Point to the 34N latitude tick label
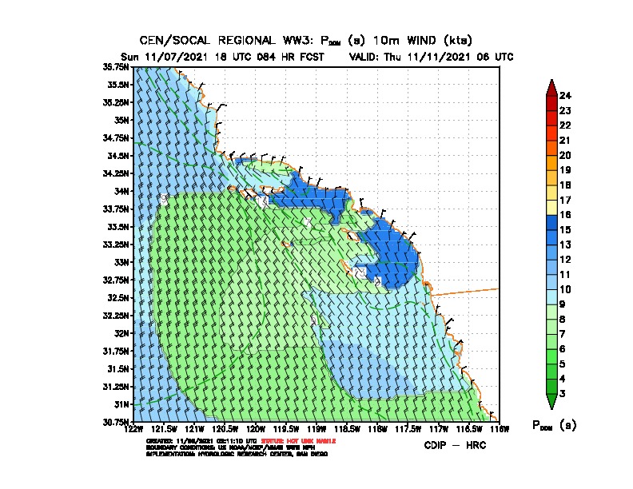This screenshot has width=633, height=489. (x=122, y=191)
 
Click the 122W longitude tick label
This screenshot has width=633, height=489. (x=133, y=430)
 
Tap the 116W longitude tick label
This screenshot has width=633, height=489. (x=499, y=430)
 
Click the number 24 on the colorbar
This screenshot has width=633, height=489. (x=566, y=96)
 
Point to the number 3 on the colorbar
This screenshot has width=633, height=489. (x=563, y=393)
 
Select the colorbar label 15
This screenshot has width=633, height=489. (x=566, y=229)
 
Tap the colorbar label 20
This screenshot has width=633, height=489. (x=566, y=155)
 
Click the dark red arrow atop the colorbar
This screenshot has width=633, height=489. (x=551, y=87)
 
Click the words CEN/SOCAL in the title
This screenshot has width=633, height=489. (x=171, y=40)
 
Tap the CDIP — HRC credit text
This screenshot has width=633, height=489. (x=455, y=444)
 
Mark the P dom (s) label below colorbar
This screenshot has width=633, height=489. (x=553, y=425)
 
